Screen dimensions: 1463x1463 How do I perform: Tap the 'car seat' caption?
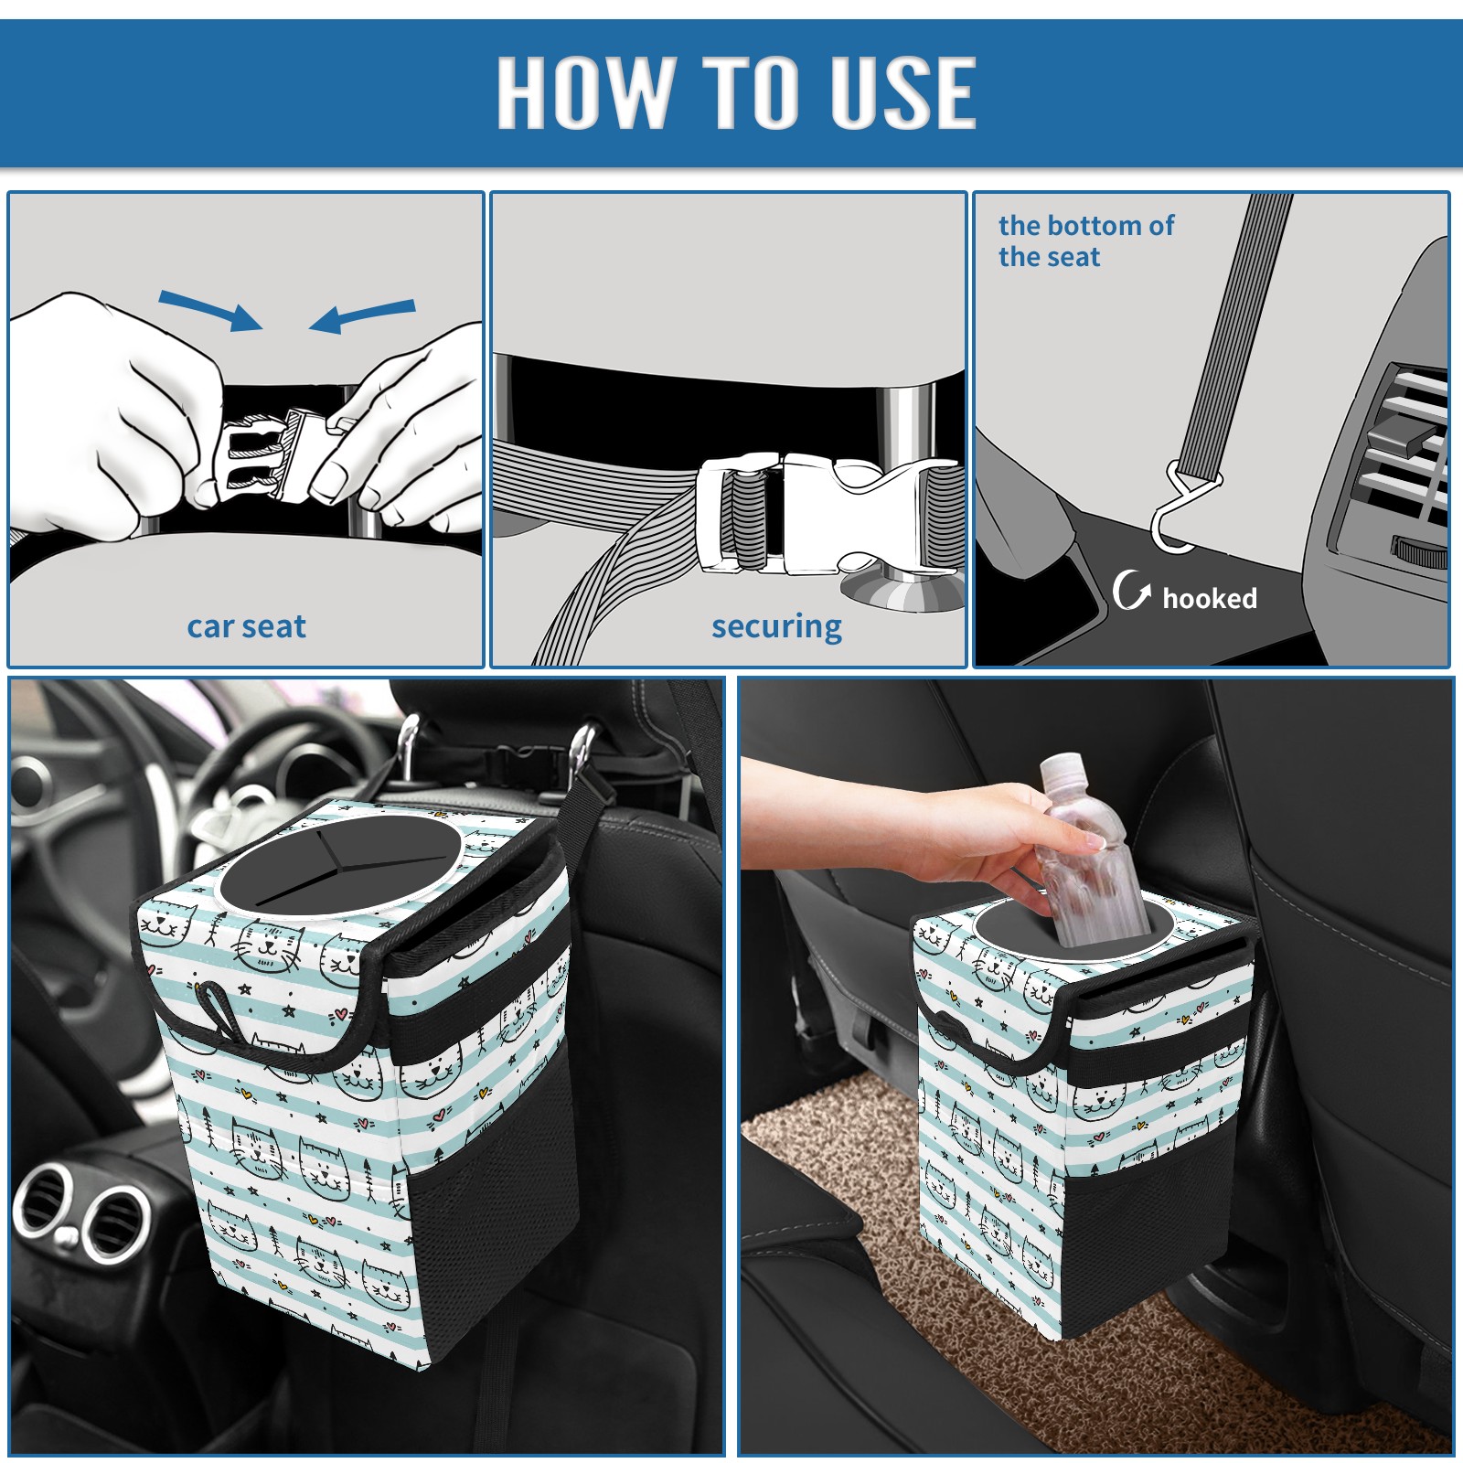(x=246, y=626)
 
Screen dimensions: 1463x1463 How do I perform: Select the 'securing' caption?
(x=776, y=627)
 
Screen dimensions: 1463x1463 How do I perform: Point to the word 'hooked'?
(x=1210, y=598)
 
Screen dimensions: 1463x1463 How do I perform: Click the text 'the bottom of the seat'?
(x=1086, y=240)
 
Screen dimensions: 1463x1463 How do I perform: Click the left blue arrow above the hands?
(x=210, y=310)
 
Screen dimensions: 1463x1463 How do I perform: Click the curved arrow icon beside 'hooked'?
(x=1130, y=590)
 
